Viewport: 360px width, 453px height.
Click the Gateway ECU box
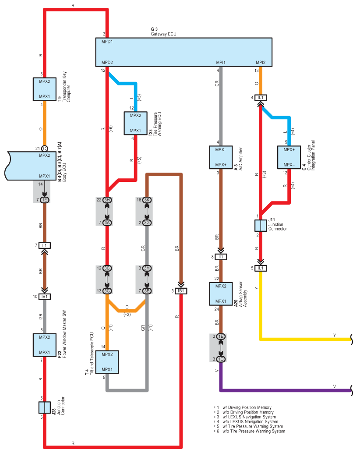[184, 52]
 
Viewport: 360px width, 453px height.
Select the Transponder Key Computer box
[45, 89]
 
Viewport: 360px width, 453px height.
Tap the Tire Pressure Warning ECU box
[136, 124]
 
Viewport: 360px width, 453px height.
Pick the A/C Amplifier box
[221, 157]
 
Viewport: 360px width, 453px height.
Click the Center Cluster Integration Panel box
[289, 157]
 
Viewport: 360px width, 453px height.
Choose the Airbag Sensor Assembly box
[221, 294]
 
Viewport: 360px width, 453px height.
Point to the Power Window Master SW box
[45, 345]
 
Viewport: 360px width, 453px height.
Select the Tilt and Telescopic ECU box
[107, 362]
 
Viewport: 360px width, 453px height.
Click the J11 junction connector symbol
[261, 226]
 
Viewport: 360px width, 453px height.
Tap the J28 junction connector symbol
[45, 407]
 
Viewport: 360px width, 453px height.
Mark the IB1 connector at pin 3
[181, 291]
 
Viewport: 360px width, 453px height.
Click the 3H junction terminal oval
[107, 200]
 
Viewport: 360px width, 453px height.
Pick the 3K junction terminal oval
[147, 200]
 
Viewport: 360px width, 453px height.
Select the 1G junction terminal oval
[221, 359]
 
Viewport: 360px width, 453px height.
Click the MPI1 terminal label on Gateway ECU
[221, 62]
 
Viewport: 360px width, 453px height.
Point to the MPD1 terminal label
[107, 42]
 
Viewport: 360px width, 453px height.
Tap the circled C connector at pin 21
[45, 149]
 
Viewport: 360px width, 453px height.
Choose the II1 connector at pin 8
[221, 257]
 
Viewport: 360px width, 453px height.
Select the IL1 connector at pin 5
[261, 268]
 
